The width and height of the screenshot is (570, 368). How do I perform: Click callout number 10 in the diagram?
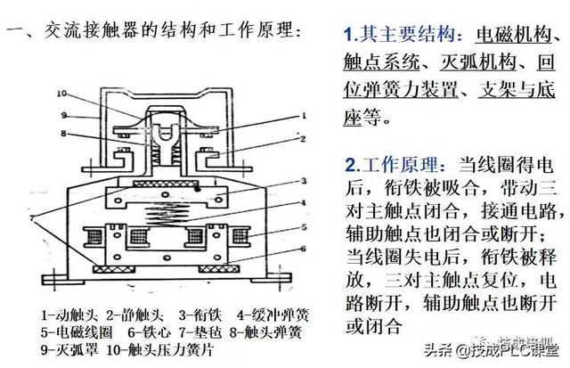[61, 93]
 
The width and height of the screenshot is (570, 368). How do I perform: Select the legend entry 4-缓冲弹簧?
[273, 314]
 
